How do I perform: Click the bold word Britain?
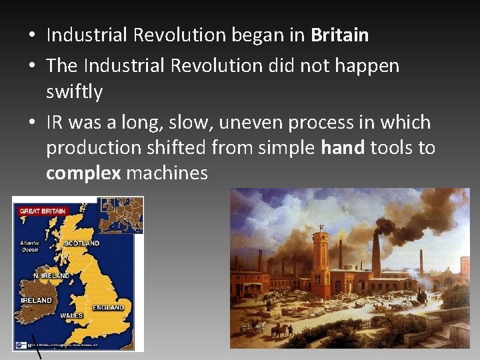(x=339, y=35)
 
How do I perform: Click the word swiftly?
(x=74, y=92)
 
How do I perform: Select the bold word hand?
(x=343, y=148)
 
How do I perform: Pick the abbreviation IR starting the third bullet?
(x=55, y=123)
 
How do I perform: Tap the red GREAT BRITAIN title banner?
(x=43, y=211)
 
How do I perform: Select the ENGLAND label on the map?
(x=109, y=308)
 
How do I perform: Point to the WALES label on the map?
(x=71, y=315)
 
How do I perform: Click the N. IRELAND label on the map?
(x=52, y=275)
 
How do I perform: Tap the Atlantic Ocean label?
(x=31, y=247)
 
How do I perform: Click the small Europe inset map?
(x=121, y=215)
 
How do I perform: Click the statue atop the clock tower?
(x=321, y=227)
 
